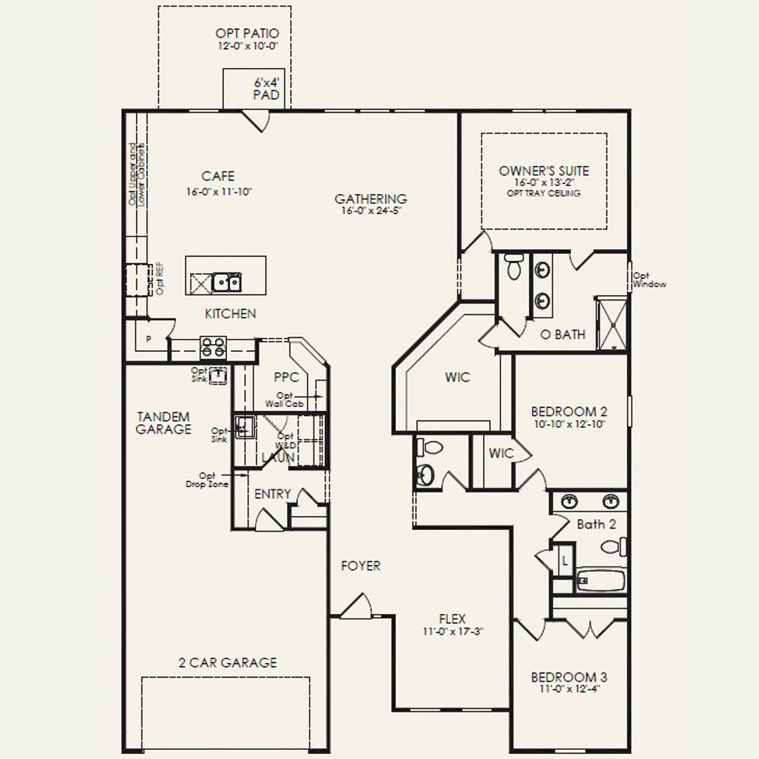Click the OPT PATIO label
pos(247,34)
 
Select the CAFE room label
pos(218,176)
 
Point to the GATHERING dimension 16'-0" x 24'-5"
pos(371,211)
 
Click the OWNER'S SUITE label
pos(544,171)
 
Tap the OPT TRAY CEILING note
pos(544,193)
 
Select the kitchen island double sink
pos(226,283)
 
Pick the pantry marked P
pos(148,339)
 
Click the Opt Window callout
pos(649,280)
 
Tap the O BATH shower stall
pos(611,323)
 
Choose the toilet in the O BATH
pos(513,267)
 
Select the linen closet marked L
pos(565,561)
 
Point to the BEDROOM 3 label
pos(569,678)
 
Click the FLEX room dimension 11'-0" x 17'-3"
pos(452,632)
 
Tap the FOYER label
pos(361,566)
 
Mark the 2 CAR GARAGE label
pos(228,662)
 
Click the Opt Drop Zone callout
pos(207,480)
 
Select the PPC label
pos(286,378)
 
